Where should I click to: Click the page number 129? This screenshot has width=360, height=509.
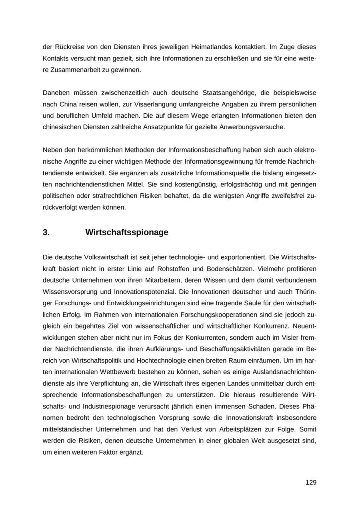coord(311,482)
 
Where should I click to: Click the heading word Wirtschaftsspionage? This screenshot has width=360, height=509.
coord(127,232)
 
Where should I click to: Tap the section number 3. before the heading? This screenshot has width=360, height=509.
coord(46,232)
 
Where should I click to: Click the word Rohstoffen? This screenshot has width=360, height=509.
coord(177,268)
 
